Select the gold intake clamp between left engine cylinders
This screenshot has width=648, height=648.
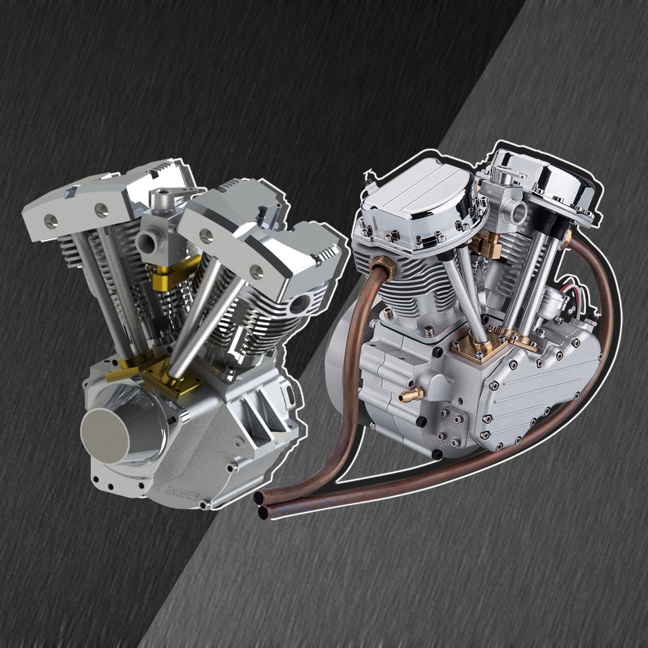tap(166, 273)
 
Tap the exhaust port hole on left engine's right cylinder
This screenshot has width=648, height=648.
tap(300, 304)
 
